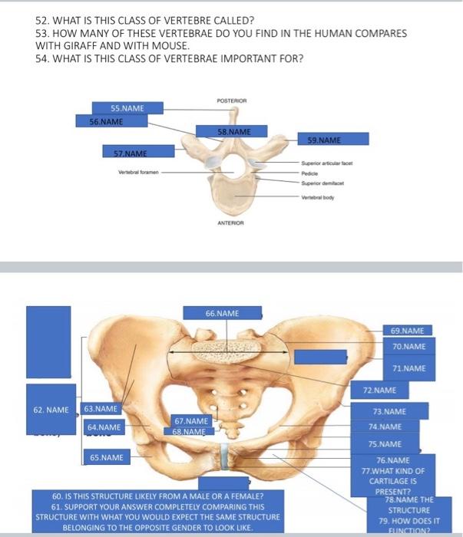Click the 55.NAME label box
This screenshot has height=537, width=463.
(117, 108)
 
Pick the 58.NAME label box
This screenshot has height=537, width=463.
(231, 131)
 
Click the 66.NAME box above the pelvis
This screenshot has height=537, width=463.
(222, 313)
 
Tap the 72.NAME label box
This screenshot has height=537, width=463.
(391, 391)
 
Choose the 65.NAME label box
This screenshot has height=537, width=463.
(105, 458)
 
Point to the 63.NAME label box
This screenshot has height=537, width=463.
(101, 409)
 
